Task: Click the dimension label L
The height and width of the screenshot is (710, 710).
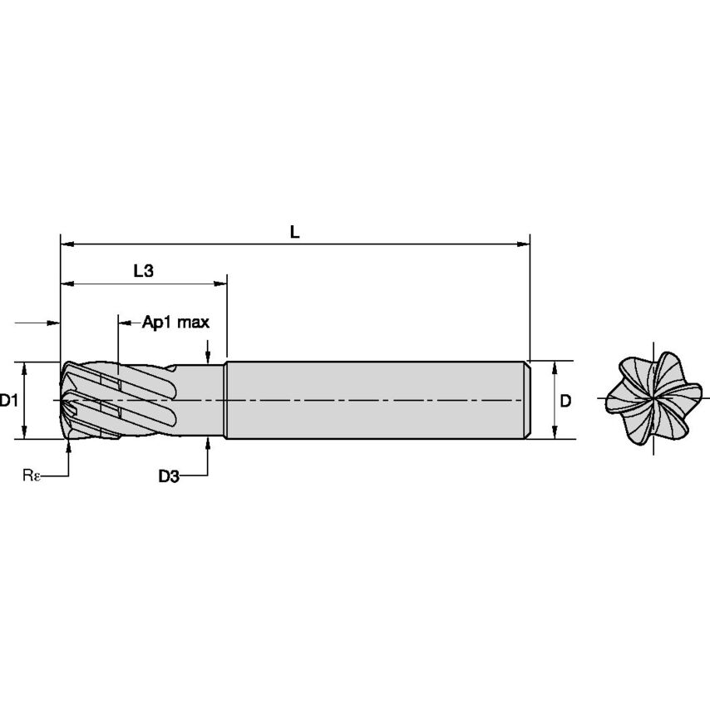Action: click(294, 233)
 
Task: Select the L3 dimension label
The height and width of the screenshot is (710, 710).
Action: click(143, 271)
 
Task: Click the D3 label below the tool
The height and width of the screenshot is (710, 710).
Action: click(169, 476)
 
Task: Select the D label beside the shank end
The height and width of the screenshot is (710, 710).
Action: click(565, 402)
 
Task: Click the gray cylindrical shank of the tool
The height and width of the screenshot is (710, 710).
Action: click(374, 400)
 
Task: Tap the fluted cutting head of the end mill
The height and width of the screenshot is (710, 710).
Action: click(116, 400)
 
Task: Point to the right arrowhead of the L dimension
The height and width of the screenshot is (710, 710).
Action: click(524, 244)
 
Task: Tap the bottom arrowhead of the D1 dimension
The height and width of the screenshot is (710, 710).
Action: click(26, 431)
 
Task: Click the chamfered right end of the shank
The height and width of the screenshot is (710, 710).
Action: click(526, 400)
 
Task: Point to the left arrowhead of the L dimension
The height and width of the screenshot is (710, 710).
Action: click(67, 244)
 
